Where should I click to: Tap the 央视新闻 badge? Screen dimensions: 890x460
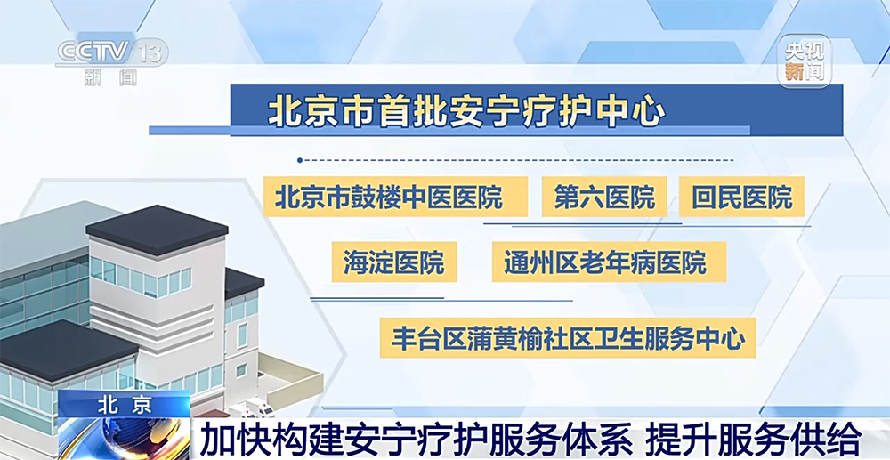tap(805, 61)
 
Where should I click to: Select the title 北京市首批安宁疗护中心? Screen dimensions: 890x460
tap(465, 110)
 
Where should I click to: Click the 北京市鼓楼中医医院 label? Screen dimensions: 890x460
tap(396, 197)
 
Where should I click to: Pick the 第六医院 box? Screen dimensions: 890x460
tap(604, 197)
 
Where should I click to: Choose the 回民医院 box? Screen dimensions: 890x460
tap(741, 197)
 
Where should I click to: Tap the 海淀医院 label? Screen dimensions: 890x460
tap(394, 262)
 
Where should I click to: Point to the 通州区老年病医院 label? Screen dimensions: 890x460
tap(609, 262)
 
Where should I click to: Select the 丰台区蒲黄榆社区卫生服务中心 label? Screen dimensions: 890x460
tap(568, 338)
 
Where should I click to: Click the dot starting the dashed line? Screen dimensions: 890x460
tap(300, 160)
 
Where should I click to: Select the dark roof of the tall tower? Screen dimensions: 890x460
tap(158, 228)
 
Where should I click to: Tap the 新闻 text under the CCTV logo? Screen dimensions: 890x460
tap(110, 77)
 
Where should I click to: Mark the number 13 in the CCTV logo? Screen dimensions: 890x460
tap(151, 52)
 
